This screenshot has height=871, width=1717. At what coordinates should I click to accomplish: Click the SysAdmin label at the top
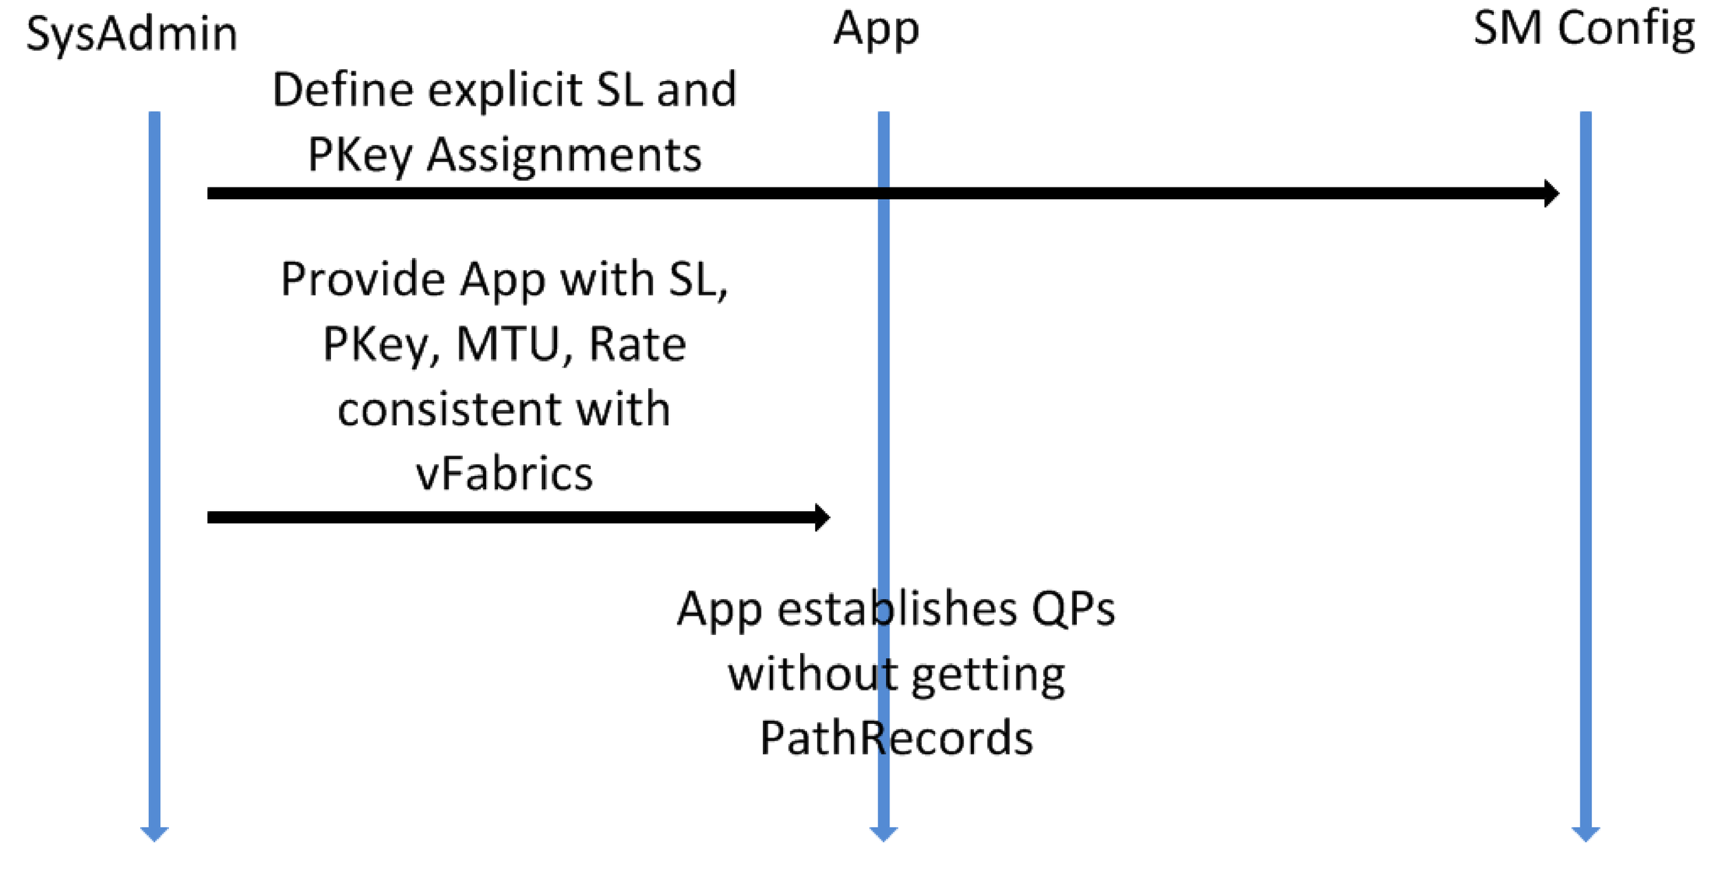[132, 34]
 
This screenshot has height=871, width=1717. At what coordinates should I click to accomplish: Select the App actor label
[876, 30]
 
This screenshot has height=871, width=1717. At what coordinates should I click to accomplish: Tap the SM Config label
[1584, 30]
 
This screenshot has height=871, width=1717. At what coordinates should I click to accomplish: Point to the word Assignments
[564, 155]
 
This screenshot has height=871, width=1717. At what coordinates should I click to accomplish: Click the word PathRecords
[896, 738]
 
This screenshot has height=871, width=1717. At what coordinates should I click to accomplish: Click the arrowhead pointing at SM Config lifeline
[1551, 193]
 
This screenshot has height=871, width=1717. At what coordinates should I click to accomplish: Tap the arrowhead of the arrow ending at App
[822, 517]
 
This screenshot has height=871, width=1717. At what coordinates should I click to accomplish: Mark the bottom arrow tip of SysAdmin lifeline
[155, 834]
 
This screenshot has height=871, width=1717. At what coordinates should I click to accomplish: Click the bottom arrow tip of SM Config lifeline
[1586, 834]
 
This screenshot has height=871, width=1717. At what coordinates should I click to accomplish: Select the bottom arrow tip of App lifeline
[883, 834]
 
